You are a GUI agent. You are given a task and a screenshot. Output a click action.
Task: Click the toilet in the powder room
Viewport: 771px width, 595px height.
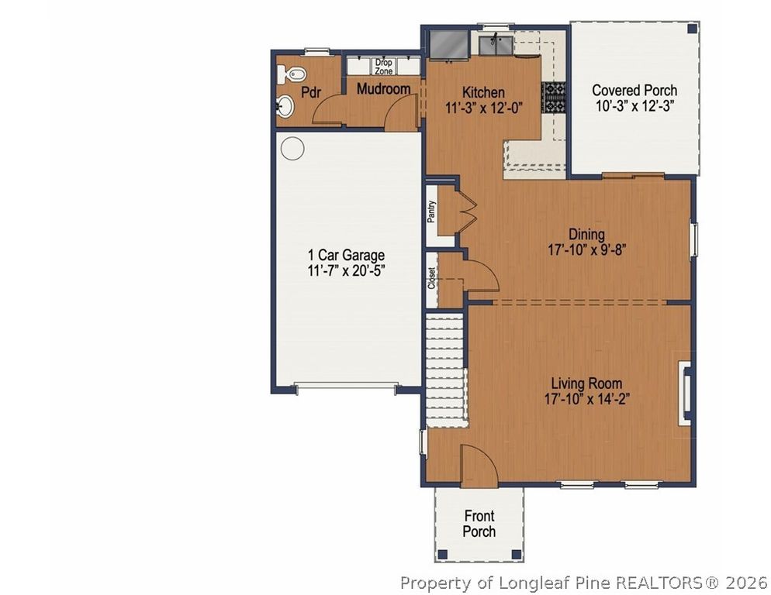[x=291, y=74]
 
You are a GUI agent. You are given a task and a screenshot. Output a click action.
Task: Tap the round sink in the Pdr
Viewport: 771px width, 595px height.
[x=285, y=105]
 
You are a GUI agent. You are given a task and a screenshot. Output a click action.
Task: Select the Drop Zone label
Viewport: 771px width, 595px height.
[x=383, y=67]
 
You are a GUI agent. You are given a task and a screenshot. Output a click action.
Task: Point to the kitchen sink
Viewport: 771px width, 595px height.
[x=496, y=45]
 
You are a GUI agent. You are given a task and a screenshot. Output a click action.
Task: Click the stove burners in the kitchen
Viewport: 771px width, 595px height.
[x=554, y=98]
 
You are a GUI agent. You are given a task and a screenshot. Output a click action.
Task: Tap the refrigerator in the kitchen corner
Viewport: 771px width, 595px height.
[x=449, y=45]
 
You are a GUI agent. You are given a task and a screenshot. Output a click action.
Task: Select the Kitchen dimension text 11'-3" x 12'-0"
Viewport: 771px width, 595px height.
[x=483, y=108]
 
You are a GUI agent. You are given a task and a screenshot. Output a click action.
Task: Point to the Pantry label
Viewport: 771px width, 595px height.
[x=431, y=212]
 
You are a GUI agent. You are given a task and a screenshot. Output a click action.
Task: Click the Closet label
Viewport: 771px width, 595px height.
[x=431, y=278]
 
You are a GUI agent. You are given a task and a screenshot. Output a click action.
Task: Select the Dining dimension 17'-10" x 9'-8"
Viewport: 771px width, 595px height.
[x=586, y=250]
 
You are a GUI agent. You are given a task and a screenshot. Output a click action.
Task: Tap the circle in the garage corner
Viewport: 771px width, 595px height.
[x=292, y=148]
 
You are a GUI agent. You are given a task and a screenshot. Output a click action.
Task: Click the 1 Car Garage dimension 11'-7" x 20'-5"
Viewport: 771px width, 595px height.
[x=346, y=270]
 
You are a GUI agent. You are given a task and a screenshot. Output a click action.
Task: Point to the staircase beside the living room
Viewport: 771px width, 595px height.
[x=445, y=370]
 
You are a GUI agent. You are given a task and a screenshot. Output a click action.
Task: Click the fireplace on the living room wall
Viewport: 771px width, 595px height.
[x=685, y=393]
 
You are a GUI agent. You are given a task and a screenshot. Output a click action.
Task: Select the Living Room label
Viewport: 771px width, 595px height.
[x=586, y=383]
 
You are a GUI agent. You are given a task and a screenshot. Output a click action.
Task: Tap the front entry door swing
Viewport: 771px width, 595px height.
[x=479, y=464]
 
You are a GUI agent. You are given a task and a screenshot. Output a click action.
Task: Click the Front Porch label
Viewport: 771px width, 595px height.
[x=479, y=524]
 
